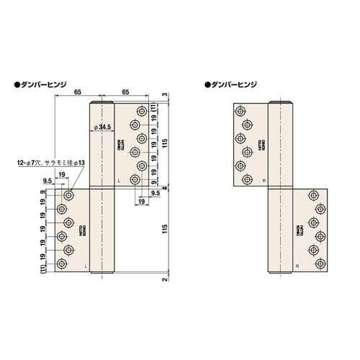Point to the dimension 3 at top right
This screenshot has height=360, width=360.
[166, 96]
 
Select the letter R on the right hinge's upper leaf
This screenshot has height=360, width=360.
[264, 179]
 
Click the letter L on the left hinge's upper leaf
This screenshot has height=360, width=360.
[119, 179]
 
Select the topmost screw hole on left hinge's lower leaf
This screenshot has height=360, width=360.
[69, 195]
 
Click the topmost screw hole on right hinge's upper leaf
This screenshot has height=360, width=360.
[240, 111]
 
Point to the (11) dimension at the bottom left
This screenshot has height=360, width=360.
[44, 268]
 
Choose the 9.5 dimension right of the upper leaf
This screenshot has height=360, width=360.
[156, 193]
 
